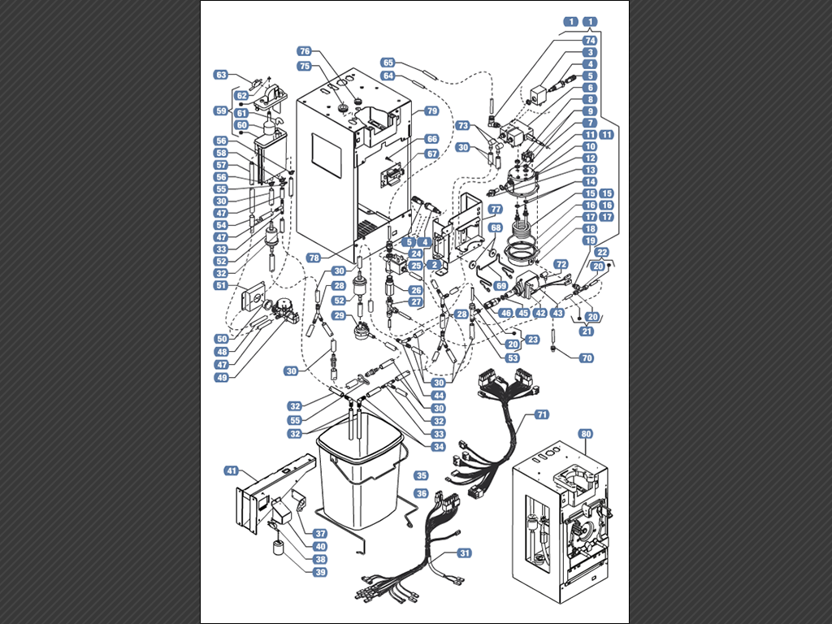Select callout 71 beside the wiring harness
(x=542, y=414)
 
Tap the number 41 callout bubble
(x=232, y=470)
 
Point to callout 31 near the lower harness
(x=465, y=552)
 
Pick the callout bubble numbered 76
(x=305, y=50)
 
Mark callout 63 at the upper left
(x=221, y=74)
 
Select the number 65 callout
(x=388, y=63)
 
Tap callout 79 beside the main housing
(x=431, y=110)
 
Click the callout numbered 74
(x=590, y=40)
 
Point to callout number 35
(x=421, y=474)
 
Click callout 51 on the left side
(x=221, y=285)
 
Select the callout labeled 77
(x=495, y=209)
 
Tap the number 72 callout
(x=561, y=264)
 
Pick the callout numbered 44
(x=439, y=395)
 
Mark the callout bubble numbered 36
(x=421, y=493)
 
